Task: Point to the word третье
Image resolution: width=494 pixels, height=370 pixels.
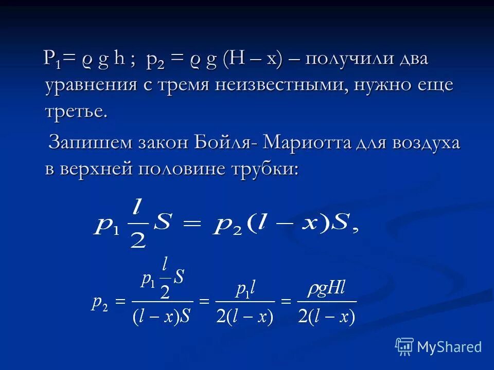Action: pyautogui.click(x=77, y=112)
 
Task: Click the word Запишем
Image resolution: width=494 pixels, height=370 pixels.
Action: pyautogui.click(x=89, y=142)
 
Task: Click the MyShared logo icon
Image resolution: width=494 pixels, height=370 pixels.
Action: pyautogui.click(x=404, y=346)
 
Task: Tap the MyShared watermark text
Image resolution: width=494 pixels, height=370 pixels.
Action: pyautogui.click(x=449, y=347)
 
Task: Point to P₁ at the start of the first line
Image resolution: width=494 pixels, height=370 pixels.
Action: pyautogui.click(x=53, y=59)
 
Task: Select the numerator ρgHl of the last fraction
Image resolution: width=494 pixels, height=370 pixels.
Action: pyautogui.click(x=327, y=290)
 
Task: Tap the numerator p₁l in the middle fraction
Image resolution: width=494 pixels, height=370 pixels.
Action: pyautogui.click(x=244, y=290)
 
